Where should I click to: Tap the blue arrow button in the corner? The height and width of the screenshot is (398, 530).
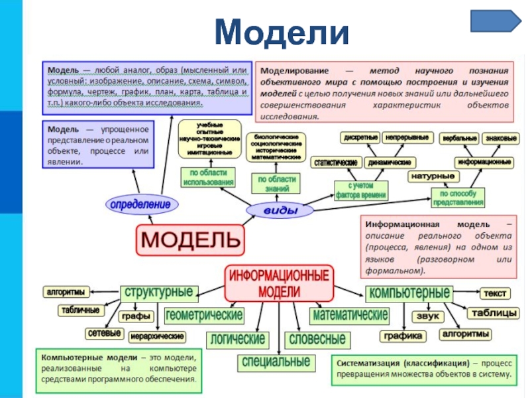[496, 21]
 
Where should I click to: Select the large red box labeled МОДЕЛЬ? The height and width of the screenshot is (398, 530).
[190, 238]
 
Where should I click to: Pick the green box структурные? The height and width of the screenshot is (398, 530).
[159, 292]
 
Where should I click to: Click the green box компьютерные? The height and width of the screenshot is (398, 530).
[409, 293]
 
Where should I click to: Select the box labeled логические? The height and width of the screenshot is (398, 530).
[237, 339]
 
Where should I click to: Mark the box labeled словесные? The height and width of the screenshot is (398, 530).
[315, 339]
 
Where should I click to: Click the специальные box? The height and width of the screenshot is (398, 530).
[275, 362]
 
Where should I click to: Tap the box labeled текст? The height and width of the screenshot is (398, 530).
[495, 293]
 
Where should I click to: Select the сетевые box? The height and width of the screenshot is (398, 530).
[103, 332]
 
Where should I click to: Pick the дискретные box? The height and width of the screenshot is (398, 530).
[360, 138]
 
